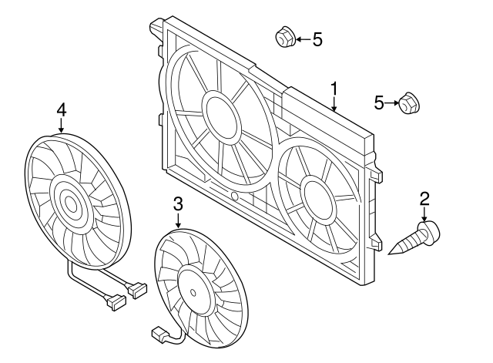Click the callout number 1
(334, 89)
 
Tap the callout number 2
(424, 199)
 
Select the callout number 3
(178, 203)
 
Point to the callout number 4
(62, 110)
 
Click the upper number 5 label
(317, 39)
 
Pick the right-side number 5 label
(379, 103)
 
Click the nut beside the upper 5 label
(285, 36)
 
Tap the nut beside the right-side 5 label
(409, 103)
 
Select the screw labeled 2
(414, 237)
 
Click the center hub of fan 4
(71, 204)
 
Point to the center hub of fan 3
(193, 293)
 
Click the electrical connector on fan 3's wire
(159, 334)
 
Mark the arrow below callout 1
(334, 104)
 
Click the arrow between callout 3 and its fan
(178, 220)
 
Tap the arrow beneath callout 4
(62, 125)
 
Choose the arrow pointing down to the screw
(424, 214)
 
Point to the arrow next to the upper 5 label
(303, 39)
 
